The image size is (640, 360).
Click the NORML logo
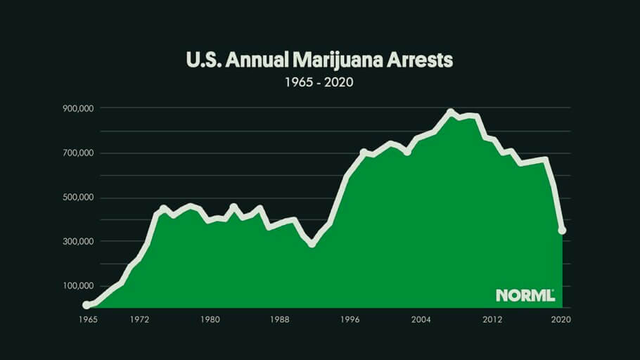coord(525,295)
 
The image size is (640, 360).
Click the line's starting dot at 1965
coord(87,305)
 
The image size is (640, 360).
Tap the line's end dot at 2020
coord(562,230)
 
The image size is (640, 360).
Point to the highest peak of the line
coord(451,112)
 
